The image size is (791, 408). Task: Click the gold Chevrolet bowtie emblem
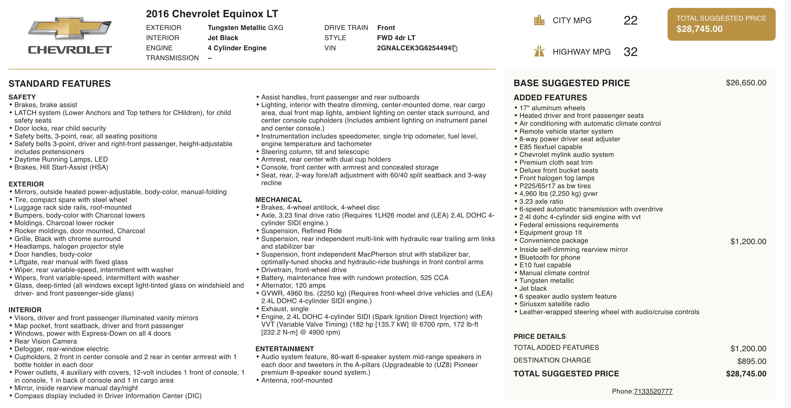70,28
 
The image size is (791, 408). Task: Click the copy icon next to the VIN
455,48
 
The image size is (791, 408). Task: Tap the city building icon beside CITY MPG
539,21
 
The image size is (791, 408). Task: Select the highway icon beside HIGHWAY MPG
539,51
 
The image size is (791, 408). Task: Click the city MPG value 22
630,21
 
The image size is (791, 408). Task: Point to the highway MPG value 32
630,52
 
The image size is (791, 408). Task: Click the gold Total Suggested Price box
721,24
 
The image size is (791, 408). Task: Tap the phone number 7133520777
653,391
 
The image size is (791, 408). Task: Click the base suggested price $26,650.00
746,83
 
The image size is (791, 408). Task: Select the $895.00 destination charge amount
752,361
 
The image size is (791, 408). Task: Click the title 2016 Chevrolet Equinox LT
212,14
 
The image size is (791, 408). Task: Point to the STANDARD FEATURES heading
59,84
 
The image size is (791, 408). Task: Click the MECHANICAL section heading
279,199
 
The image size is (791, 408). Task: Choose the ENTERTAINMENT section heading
285,349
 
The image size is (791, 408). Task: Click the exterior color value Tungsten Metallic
237,28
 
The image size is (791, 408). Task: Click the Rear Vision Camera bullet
46,341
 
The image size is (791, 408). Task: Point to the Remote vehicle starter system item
566,131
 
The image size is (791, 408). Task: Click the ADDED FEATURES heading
550,97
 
